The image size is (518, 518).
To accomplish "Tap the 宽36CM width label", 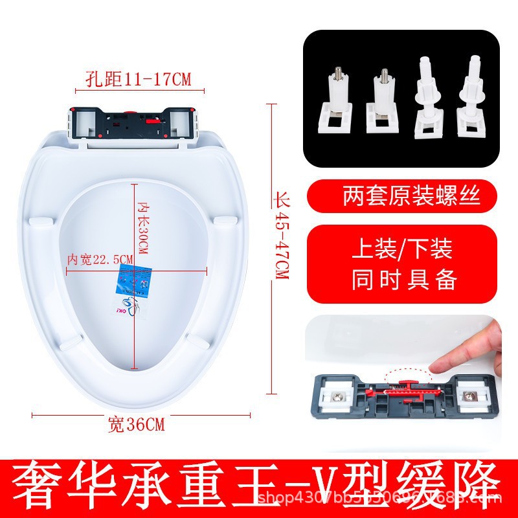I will point(136,425).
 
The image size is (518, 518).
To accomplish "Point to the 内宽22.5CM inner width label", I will point(100,259).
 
